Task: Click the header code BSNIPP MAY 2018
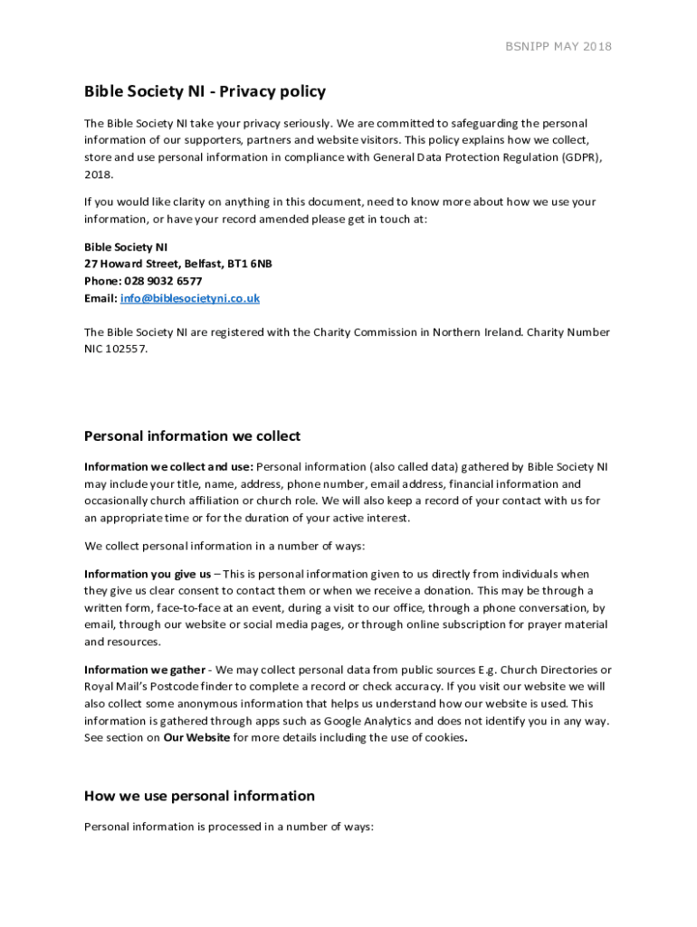pos(558,46)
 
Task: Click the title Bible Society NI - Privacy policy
pos(205,91)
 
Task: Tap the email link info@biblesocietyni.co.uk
pos(190,298)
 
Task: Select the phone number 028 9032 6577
pos(169,281)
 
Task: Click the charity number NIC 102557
pos(115,349)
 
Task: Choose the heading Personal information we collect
pos(192,436)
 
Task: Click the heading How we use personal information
pos(199,796)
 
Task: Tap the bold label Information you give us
pos(148,574)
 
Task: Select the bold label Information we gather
pos(145,670)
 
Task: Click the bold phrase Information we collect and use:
pos(169,467)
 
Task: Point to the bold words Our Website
pos(196,738)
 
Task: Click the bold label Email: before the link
pos(100,298)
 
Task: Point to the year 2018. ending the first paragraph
pos(99,174)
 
